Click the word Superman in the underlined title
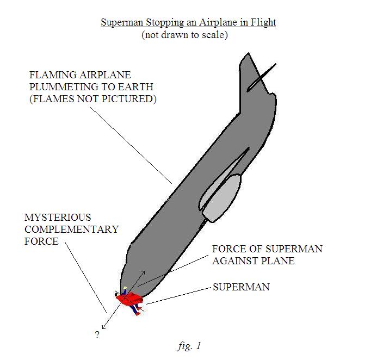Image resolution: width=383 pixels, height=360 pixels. coord(122,22)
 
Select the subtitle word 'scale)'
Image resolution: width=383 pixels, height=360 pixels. coord(215,35)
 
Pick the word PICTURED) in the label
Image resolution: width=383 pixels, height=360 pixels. coord(129,99)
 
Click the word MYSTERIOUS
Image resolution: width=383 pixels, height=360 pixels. coord(58,217)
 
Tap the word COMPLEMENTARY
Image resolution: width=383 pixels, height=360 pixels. coord(72,229)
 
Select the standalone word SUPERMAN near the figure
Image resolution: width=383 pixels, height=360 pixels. coord(241,287)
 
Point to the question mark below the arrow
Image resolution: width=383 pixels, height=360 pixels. coord(97,335)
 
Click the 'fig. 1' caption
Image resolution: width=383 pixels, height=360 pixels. coord(189,346)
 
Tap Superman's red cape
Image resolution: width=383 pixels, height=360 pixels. coord(129,299)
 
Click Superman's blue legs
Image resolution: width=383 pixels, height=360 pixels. coord(135,309)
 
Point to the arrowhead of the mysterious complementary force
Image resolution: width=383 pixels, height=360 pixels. coord(104,327)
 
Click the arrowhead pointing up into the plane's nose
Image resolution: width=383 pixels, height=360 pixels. coord(143,272)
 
